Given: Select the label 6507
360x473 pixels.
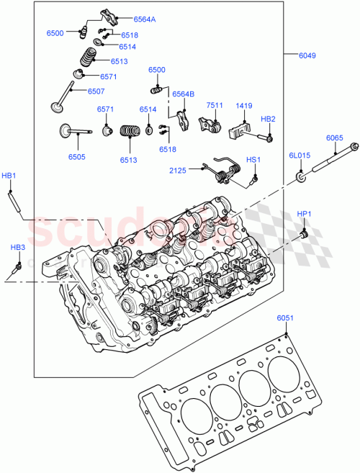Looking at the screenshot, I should coord(96,91).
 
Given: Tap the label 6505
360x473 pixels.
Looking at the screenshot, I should coord(76,156).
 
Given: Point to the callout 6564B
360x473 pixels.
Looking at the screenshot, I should coord(183,93).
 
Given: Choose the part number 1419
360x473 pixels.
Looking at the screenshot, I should coord(244,105).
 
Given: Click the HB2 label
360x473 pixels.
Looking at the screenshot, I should coord(268,119).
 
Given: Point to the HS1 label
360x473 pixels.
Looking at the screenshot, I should coord(253,159).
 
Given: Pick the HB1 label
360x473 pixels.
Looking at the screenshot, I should coord(9,176).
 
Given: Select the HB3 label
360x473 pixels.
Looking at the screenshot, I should coord(17,248).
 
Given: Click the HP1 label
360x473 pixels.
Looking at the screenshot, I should coord(305,213).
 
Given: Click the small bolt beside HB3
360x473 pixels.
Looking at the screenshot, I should coord(16,269).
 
